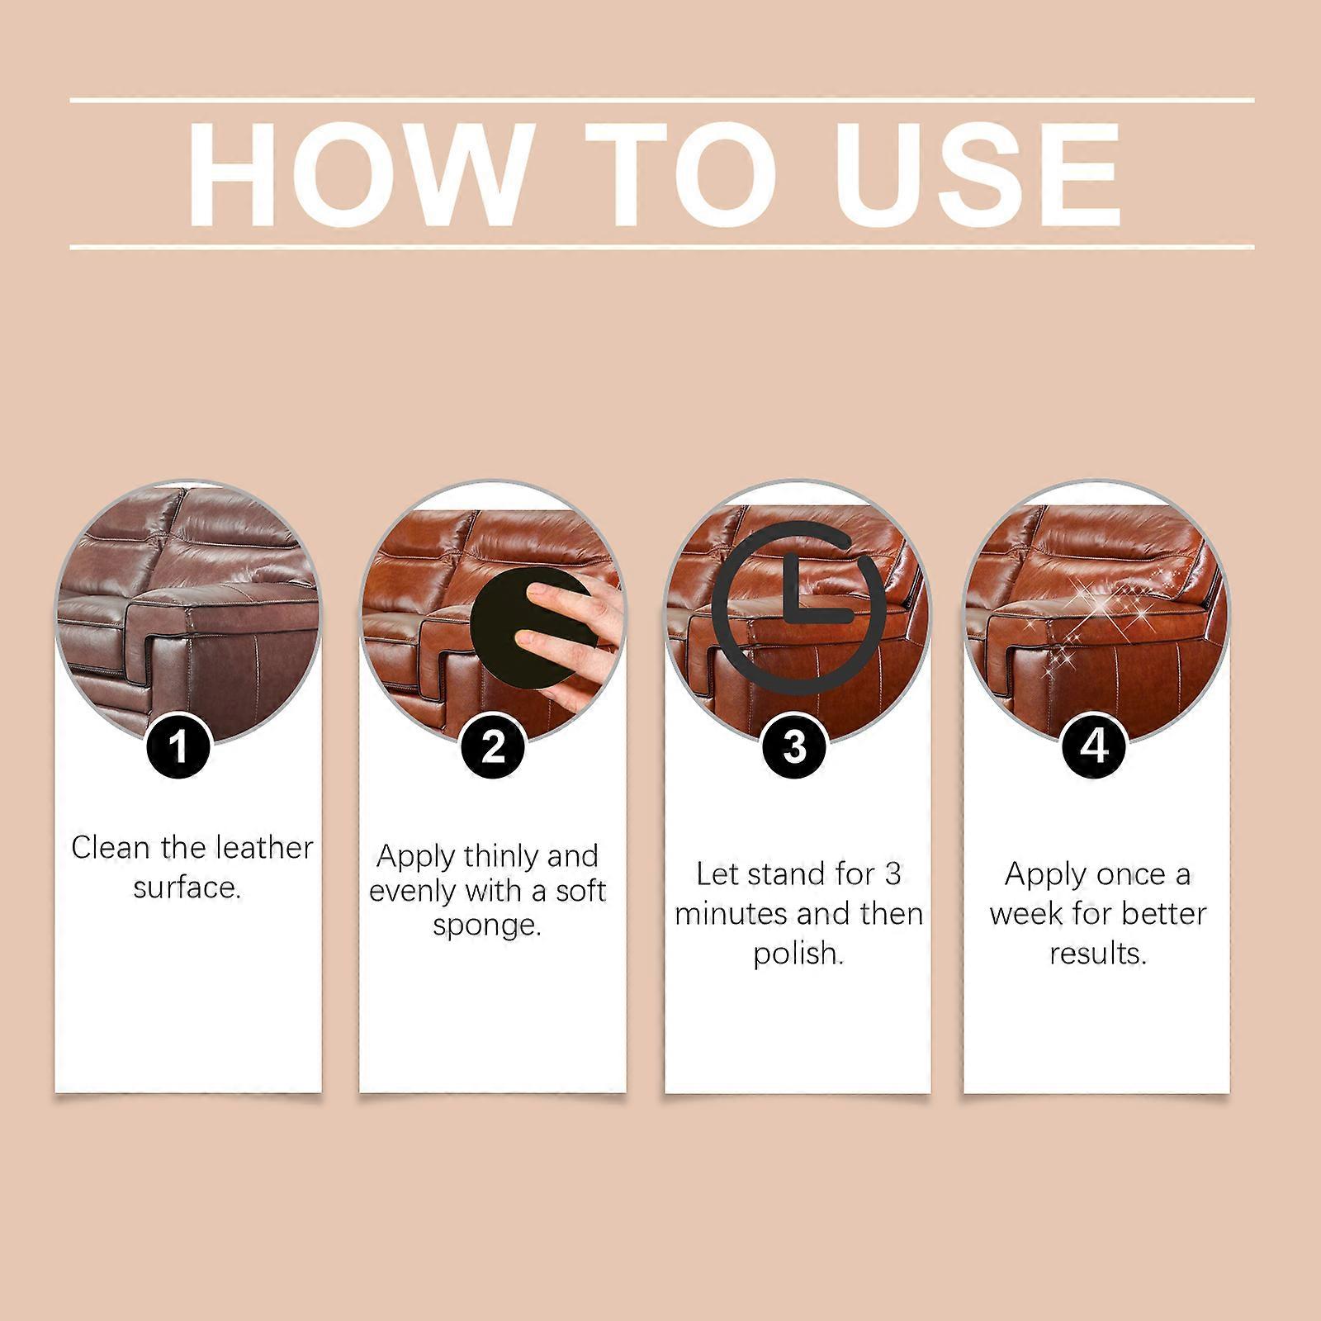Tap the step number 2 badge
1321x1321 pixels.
[493, 747]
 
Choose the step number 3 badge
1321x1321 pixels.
[794, 748]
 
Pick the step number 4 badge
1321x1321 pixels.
[1095, 746]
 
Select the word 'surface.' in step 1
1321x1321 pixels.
[187, 888]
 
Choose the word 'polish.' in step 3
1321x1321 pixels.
[798, 954]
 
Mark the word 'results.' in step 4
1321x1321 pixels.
[1098, 954]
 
